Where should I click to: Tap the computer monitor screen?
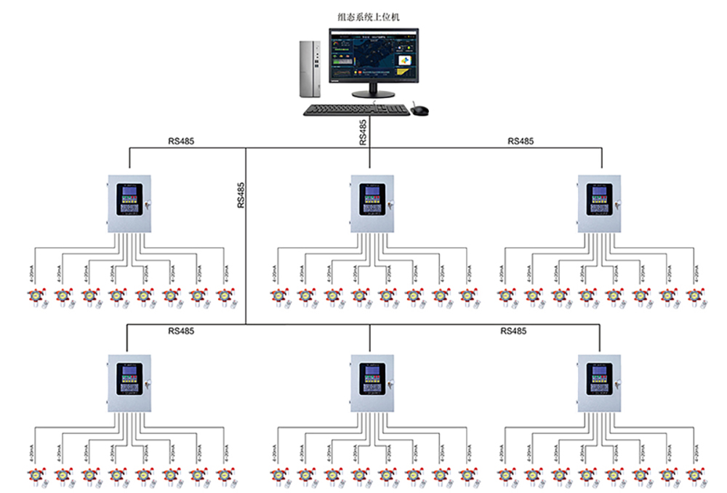pos(373,54)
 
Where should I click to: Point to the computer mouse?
pos(420,110)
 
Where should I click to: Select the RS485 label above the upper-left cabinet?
pos(182,141)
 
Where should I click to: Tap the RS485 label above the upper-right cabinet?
pos(521,141)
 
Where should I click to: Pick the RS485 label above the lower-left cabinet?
pos(181,331)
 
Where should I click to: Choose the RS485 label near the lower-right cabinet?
pos(513,331)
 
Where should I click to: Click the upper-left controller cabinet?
pos(130,204)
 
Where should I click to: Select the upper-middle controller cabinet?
pos(371,204)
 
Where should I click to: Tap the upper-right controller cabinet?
pos(600,204)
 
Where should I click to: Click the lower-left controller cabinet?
pos(130,383)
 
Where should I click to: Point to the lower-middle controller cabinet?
pos(371,383)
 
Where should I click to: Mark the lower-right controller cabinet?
pos(600,383)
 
